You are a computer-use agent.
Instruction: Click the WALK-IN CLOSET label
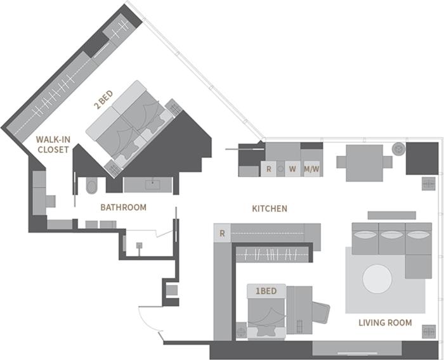pos(53,145)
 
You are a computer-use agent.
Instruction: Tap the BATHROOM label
pos(124,207)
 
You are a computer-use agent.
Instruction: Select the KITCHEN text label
pos(270,209)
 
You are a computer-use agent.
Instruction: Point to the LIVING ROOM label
pos(385,323)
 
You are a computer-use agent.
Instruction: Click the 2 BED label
pos(103,100)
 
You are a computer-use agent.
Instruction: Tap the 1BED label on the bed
pos(266,291)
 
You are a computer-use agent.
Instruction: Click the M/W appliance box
pos(311,169)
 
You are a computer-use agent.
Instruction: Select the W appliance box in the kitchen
pos(292,169)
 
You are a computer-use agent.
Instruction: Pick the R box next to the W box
pos(268,169)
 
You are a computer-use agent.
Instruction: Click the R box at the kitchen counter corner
pos(222,233)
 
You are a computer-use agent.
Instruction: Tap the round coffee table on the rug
pos(377,279)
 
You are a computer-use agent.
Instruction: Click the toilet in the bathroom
pos(91,186)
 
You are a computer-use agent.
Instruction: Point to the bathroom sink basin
pos(153,185)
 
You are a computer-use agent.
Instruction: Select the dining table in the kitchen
pos(365,163)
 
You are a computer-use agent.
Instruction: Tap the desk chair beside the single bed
pos(321,312)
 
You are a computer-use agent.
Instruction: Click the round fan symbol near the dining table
pos(398,148)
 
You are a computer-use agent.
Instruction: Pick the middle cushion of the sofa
pos(391,238)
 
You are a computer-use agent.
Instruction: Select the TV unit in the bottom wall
pos(357,349)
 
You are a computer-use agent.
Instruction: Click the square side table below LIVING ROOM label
pos(428,331)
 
